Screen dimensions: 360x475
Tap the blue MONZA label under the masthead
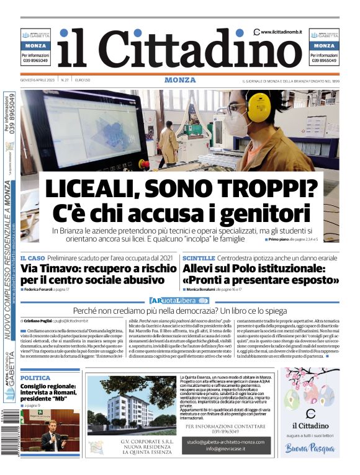[180, 80]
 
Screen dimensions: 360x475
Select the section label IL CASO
[32, 257]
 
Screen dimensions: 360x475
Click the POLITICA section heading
[35, 377]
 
